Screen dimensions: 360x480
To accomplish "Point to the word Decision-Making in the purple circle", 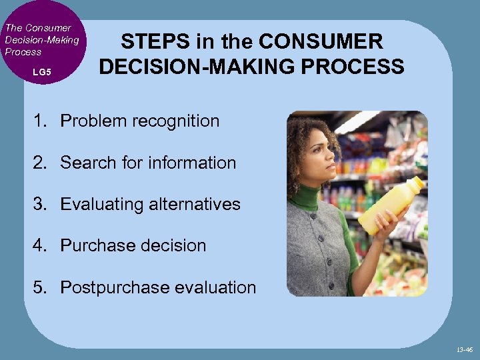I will tap(41, 40).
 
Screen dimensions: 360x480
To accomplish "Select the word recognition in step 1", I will tap(176, 121).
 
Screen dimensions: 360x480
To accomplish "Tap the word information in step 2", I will tap(193, 162).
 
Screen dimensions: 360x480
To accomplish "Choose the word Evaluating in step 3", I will tap(102, 204).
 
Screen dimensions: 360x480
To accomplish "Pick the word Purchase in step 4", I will tap(93, 245).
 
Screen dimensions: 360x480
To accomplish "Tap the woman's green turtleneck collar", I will tap(307, 196).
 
